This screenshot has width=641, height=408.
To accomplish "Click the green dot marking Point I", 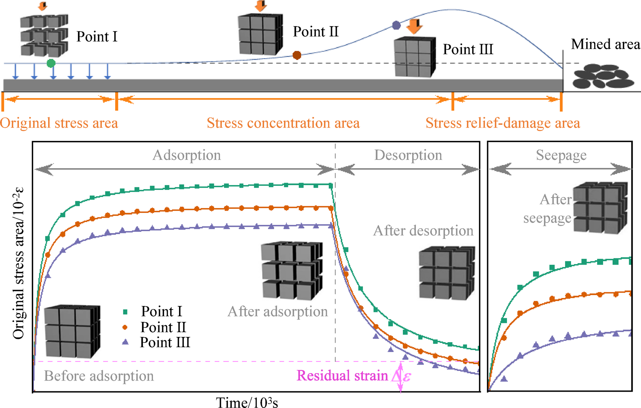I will coord(51,63).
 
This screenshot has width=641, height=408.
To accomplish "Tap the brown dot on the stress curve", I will coord(297,55).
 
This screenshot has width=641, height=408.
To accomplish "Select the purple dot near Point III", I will coord(396,25).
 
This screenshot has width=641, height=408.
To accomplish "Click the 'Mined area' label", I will coord(605,44).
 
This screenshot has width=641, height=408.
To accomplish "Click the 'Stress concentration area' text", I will coord(283,123).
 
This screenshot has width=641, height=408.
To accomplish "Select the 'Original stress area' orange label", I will coord(59,123).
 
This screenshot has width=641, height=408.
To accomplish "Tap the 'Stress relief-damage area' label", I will coord(503,123).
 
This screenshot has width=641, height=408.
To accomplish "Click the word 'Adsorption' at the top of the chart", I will coord(187,155).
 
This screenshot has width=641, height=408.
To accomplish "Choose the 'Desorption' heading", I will coord(408,155).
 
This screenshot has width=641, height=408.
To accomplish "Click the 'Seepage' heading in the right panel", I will coord(561,155).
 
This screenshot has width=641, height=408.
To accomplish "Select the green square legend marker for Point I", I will coord(125,311).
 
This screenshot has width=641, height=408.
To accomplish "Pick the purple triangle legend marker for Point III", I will coord(125,342).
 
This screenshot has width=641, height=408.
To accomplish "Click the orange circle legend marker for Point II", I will coord(125,327).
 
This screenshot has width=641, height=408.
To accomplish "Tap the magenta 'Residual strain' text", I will coord(342,376).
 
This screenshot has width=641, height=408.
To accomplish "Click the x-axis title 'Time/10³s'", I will coord(247,402).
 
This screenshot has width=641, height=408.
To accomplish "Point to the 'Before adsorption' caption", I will coord(99,376).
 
